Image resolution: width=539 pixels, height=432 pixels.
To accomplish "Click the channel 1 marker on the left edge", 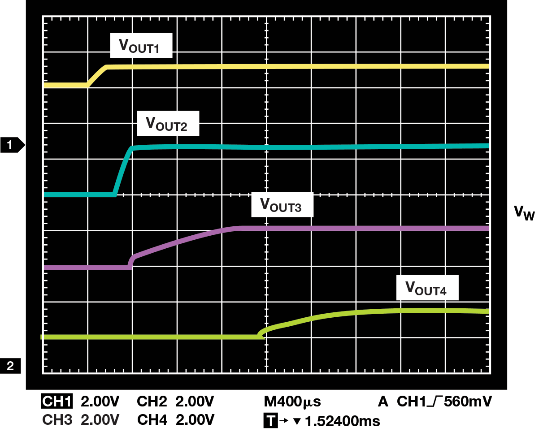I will (13, 145).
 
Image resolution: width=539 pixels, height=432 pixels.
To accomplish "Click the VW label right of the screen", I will (524, 213).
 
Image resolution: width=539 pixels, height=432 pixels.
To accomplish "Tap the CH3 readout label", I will (57, 420).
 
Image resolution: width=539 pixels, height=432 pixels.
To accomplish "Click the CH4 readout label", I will (152, 420).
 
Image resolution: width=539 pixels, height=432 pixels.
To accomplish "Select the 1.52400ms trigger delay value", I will (342, 421).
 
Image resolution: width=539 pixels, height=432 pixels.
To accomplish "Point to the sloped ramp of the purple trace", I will (179, 243).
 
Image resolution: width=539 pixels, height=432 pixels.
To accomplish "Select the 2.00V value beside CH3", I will (100, 420).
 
